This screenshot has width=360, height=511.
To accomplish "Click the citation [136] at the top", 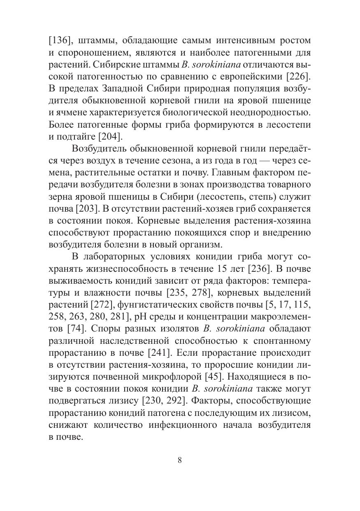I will pos(59,41).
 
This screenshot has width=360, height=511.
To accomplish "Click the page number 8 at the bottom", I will pos(180,460).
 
